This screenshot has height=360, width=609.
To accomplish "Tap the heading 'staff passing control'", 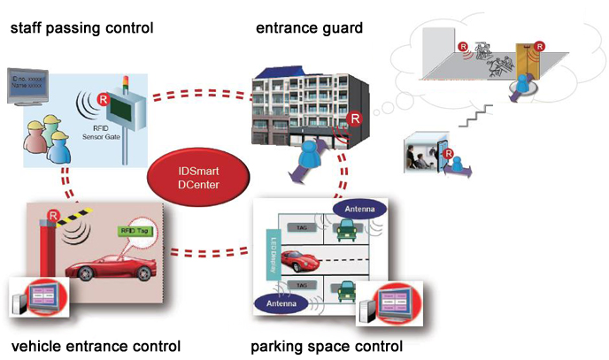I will [81, 29].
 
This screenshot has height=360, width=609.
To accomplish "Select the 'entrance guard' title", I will [309, 29].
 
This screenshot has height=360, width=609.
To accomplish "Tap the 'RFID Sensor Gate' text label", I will [91, 130].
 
